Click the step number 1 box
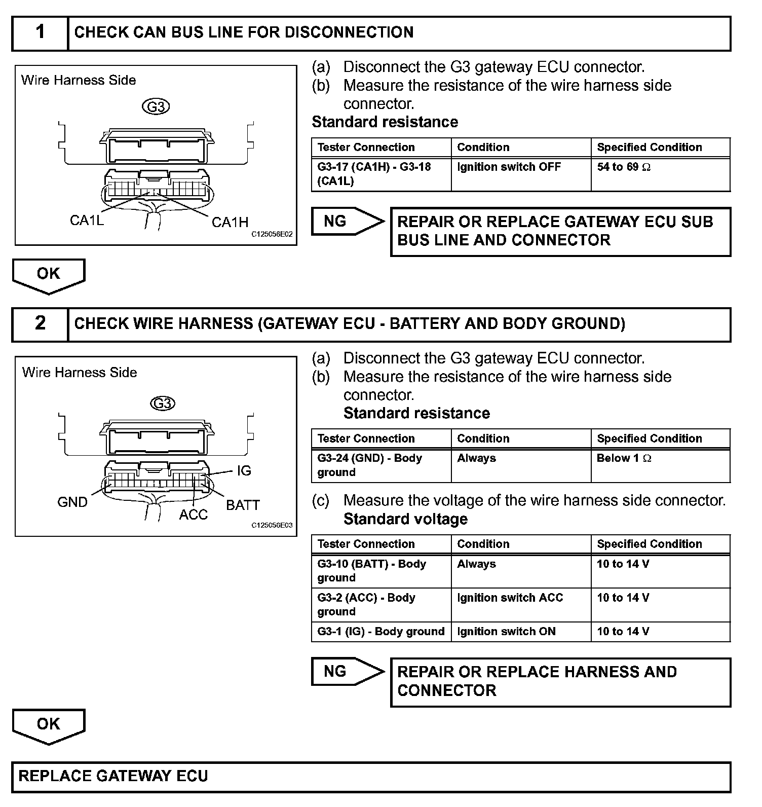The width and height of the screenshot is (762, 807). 40,33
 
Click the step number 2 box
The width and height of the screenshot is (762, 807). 40,324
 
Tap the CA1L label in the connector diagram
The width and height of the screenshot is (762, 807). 87,221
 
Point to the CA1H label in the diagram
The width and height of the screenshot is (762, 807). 230,222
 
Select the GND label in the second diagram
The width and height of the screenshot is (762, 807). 72,502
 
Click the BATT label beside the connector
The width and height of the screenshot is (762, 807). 243,505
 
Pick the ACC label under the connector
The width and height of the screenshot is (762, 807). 194,515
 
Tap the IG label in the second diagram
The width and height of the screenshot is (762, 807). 244,471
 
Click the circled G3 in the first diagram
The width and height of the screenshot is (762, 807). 156,107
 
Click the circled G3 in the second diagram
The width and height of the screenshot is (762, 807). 163,403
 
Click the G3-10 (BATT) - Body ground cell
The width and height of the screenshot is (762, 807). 380,571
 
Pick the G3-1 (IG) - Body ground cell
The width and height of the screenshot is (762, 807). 380,632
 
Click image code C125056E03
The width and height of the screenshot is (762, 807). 272,526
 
